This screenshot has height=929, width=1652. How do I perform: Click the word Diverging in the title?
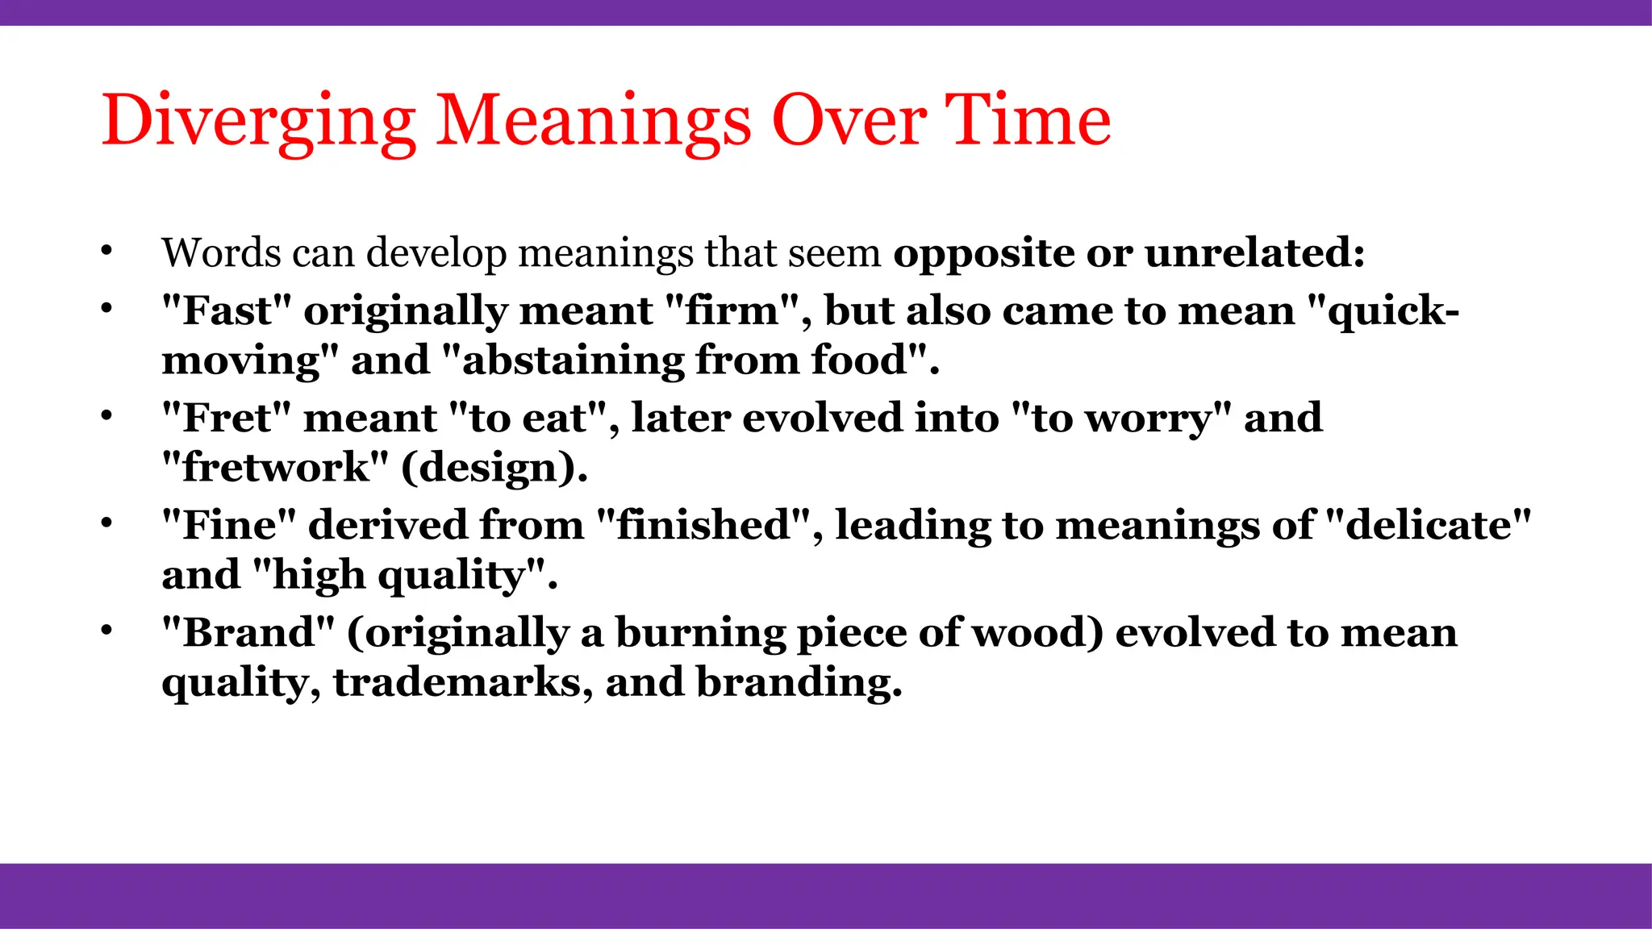(258, 121)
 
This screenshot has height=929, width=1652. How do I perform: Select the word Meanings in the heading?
(594, 121)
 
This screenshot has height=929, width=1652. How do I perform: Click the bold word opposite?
(983, 253)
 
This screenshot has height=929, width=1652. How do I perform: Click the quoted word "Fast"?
(226, 310)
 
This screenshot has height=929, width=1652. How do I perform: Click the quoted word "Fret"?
(226, 418)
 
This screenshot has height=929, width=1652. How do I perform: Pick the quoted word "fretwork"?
(275, 467)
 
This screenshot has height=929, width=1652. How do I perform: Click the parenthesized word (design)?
(494, 468)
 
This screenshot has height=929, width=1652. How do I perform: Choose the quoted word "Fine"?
(229, 525)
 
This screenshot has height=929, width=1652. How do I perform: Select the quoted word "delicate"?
(1428, 525)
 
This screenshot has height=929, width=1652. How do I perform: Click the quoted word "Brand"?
(247, 632)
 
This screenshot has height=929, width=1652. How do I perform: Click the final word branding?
(799, 682)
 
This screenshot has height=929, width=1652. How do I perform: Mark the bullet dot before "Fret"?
(106, 416)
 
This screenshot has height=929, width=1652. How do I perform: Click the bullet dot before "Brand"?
(106, 631)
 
